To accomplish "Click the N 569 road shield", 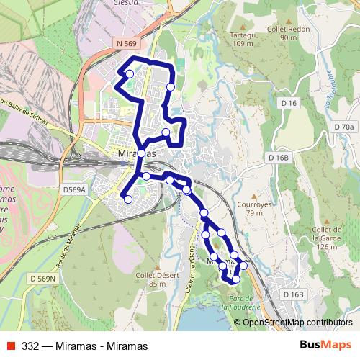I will (x=125, y=44).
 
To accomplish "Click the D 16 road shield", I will (x=289, y=104).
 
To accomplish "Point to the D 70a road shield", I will (x=344, y=127).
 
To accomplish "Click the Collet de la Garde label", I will (x=326, y=238).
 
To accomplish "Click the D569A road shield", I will (x=73, y=190).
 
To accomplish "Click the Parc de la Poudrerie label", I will (x=240, y=302).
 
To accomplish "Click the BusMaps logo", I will (x=325, y=346).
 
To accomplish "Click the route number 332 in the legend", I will (x=30, y=346).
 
